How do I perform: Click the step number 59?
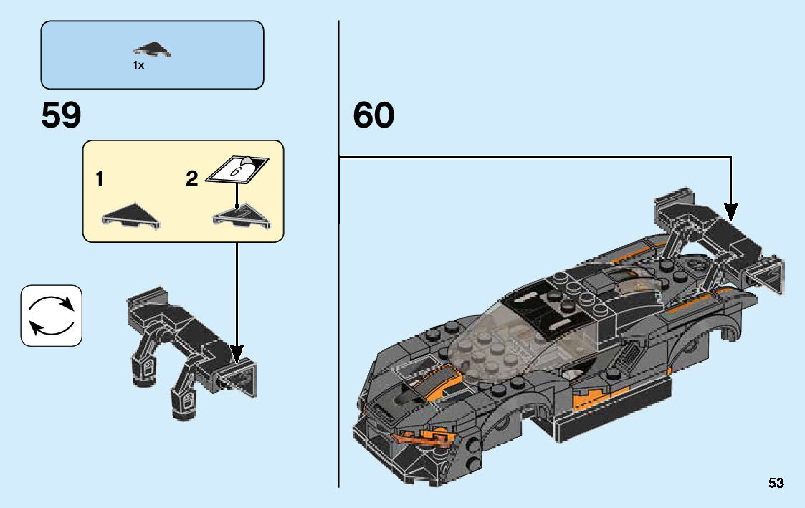coord(62,115)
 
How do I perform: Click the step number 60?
coord(373,115)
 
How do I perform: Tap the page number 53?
coord(776,483)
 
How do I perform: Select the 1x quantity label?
coord(138,65)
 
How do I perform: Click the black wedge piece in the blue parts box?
coord(152,49)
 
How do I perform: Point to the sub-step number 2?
coord(191,179)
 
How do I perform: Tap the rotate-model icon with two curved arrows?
coord(52,316)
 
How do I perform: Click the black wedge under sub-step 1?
coord(130,214)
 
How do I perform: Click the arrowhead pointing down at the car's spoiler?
coord(730,211)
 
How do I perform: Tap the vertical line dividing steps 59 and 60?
coord(338,287)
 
